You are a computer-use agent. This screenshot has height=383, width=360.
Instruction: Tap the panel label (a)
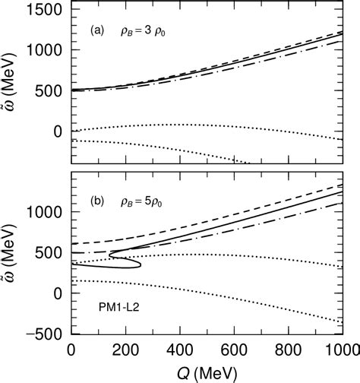click(97, 32)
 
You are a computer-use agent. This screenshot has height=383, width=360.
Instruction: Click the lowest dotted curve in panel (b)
click(228, 299)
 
